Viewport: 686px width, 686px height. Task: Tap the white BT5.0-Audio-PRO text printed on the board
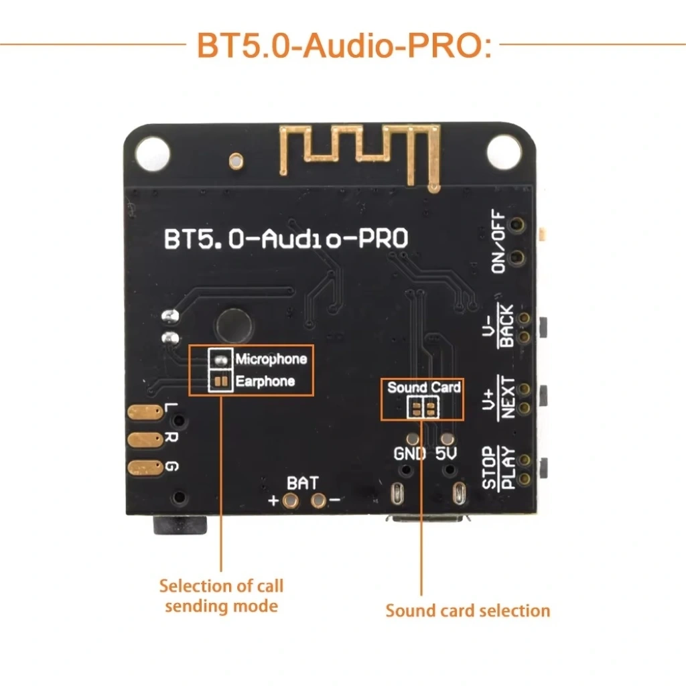(x=286, y=240)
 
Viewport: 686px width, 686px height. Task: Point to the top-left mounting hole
(x=152, y=152)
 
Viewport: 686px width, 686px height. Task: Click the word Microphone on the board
(x=271, y=359)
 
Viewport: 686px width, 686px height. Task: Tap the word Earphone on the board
(x=265, y=382)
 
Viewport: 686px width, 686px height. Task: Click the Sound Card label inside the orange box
(x=423, y=387)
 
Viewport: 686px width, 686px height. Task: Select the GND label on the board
(x=409, y=454)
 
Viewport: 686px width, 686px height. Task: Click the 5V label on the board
(x=446, y=454)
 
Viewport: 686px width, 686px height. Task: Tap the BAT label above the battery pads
(x=303, y=482)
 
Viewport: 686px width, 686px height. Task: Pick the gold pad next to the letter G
(x=143, y=468)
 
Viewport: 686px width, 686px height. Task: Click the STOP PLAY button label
(x=500, y=467)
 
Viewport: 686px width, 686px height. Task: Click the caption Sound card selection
(x=468, y=611)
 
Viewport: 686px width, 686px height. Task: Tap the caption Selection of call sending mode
(x=221, y=596)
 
